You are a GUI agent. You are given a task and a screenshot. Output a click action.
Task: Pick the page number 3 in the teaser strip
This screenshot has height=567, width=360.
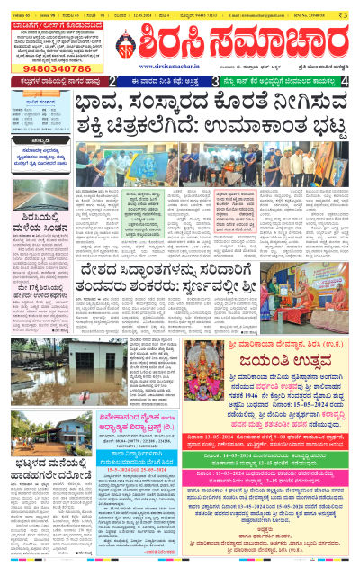click(216, 81)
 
